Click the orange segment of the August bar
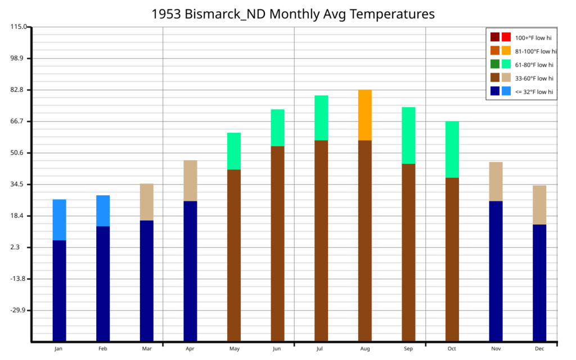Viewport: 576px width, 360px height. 364,115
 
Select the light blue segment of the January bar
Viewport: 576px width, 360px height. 60,220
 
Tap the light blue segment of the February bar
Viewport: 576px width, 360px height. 103,211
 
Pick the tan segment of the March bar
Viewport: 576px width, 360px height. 147,202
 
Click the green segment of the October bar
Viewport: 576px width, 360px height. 452,150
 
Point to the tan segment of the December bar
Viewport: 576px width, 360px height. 539,205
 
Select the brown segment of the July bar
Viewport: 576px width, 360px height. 321,241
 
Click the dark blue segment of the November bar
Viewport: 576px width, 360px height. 496,271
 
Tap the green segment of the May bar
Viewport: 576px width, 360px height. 234,151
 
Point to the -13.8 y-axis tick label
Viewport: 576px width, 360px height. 17,279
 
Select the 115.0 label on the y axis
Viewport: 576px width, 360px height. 19,26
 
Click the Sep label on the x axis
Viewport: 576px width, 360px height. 408,349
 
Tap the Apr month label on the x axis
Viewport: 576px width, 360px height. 190,349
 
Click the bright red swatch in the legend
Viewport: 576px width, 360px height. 506,37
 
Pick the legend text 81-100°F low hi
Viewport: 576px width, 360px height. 535,51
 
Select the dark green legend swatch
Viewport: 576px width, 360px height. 495,64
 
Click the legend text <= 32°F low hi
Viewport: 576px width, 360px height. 534,92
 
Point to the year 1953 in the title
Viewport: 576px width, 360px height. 166,14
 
